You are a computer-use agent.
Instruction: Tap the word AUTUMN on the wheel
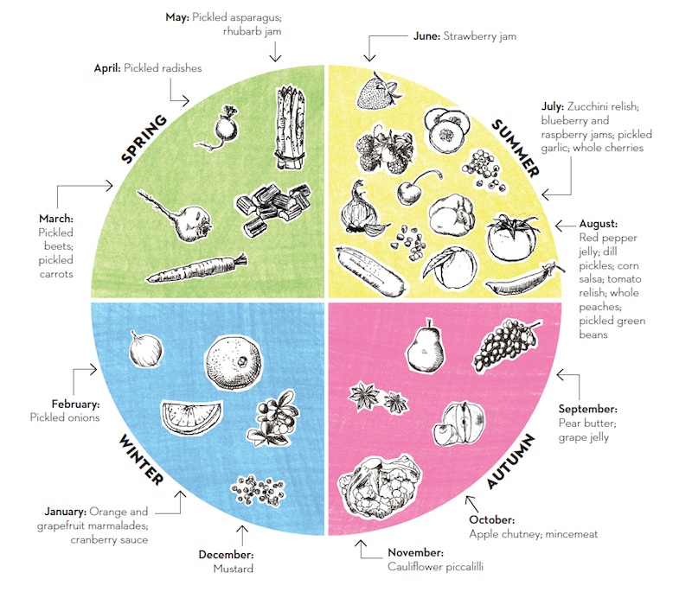pos(511,462)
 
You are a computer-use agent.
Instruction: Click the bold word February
pos(75,404)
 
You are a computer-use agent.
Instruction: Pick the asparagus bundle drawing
pos(290,128)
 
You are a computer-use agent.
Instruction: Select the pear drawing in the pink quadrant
pos(425,343)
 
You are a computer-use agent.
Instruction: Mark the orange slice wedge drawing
pos(192,417)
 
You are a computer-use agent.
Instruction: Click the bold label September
pos(587,408)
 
